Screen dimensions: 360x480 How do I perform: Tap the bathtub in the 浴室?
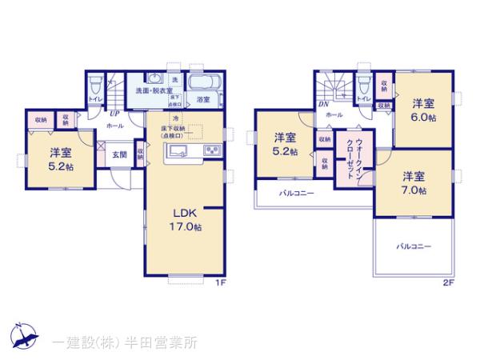[x=203, y=82]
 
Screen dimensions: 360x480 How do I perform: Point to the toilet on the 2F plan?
[x=364, y=82]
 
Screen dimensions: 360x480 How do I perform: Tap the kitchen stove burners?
[x=213, y=151]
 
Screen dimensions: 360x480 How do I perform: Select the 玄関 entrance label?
[x=118, y=154]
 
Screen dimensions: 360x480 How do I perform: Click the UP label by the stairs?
[x=115, y=114]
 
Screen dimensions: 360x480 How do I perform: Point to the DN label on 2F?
[x=324, y=105]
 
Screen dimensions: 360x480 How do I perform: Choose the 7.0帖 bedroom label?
[x=414, y=183]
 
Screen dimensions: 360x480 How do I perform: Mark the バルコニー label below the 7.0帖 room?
[x=414, y=246]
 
